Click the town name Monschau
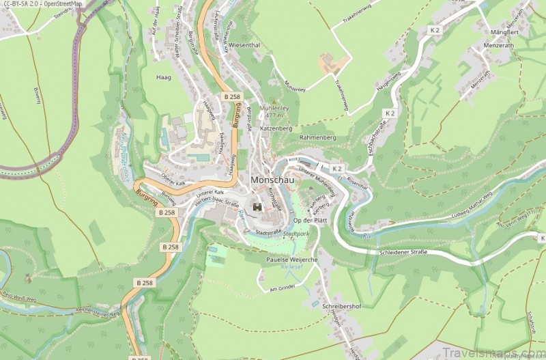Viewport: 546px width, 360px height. point(272,180)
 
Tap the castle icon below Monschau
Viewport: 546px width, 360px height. point(258,206)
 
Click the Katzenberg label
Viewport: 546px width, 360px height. point(276,128)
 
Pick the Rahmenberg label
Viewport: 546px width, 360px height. point(318,137)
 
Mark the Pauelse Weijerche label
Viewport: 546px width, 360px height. point(291,260)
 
